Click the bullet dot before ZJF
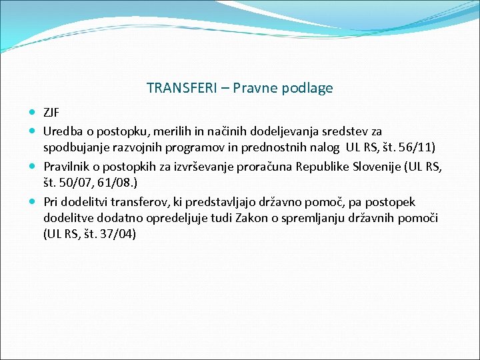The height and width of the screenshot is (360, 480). (x=33, y=112)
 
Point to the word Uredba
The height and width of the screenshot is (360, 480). (x=62, y=131)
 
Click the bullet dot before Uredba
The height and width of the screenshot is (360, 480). (x=33, y=131)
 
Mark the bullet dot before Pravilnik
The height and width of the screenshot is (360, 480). (x=33, y=165)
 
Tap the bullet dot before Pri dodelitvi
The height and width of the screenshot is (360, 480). (x=33, y=201)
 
